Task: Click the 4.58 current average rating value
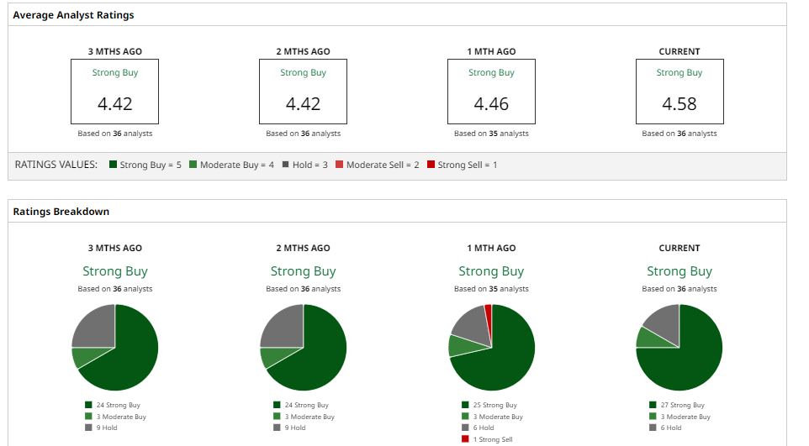coord(679,104)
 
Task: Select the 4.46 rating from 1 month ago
coord(491,104)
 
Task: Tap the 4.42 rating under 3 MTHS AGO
coord(114,104)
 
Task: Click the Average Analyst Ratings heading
coord(73,15)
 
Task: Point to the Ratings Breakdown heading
coord(61,212)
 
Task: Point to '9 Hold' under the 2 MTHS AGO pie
coord(291,428)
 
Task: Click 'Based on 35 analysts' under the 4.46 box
coord(491,134)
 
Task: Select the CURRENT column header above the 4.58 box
coord(679,51)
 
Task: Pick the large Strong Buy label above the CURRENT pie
coord(679,271)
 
